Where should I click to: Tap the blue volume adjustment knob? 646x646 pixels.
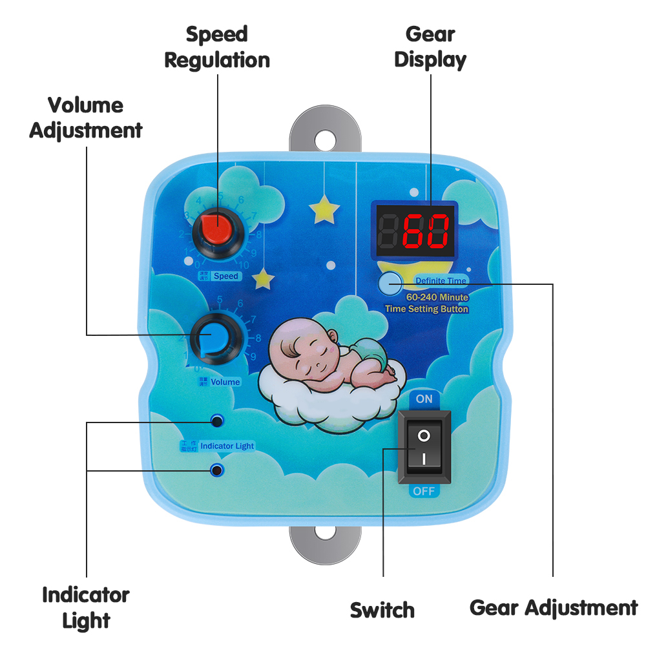213,337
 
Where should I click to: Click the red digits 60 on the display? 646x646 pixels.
426,231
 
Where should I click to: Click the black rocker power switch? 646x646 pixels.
424,448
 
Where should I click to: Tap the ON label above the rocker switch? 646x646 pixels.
424,399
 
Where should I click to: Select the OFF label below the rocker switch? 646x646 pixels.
424,491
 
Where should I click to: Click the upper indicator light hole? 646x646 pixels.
217,422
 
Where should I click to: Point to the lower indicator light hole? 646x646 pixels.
217,470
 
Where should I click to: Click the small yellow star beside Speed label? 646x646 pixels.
264,278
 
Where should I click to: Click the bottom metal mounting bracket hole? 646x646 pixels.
324,534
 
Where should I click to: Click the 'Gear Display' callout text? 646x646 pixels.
430,47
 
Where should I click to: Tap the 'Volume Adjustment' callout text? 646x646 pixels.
86,118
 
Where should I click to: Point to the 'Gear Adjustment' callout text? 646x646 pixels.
554,608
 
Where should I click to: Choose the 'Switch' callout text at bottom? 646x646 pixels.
382,610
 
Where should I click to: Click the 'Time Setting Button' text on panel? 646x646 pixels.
426,309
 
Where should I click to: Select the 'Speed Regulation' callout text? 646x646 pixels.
217,47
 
